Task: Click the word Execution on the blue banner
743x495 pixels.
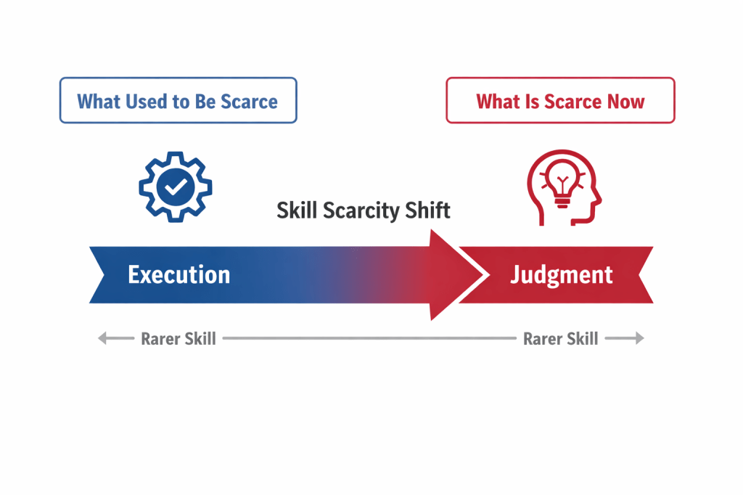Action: pos(178,274)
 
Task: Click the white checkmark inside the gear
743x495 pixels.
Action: pos(176,187)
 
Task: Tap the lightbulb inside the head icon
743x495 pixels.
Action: pos(562,184)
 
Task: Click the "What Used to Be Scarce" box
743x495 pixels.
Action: pos(178,100)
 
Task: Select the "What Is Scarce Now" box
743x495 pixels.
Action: pos(560,100)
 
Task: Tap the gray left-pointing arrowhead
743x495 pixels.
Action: pos(102,338)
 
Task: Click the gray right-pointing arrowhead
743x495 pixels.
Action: pos(640,338)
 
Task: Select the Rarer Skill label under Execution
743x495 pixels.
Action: pos(178,338)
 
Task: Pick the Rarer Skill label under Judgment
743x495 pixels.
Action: pos(561,338)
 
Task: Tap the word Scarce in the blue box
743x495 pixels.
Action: pos(250,102)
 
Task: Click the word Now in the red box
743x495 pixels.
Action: pos(626,102)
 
